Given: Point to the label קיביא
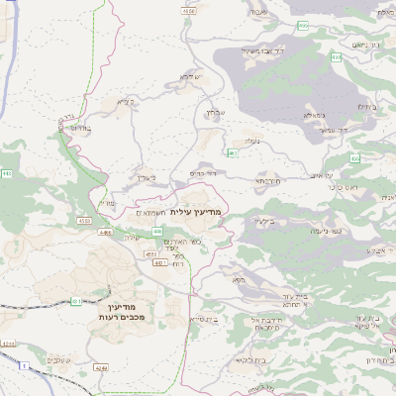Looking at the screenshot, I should pos(125,101).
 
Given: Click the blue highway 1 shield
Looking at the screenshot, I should pos(22,365).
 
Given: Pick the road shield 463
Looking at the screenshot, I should pos(232,153).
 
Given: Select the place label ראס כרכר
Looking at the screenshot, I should pos(342,185).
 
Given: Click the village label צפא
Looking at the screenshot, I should pos(237,281).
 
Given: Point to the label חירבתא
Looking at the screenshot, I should pos(268,182).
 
